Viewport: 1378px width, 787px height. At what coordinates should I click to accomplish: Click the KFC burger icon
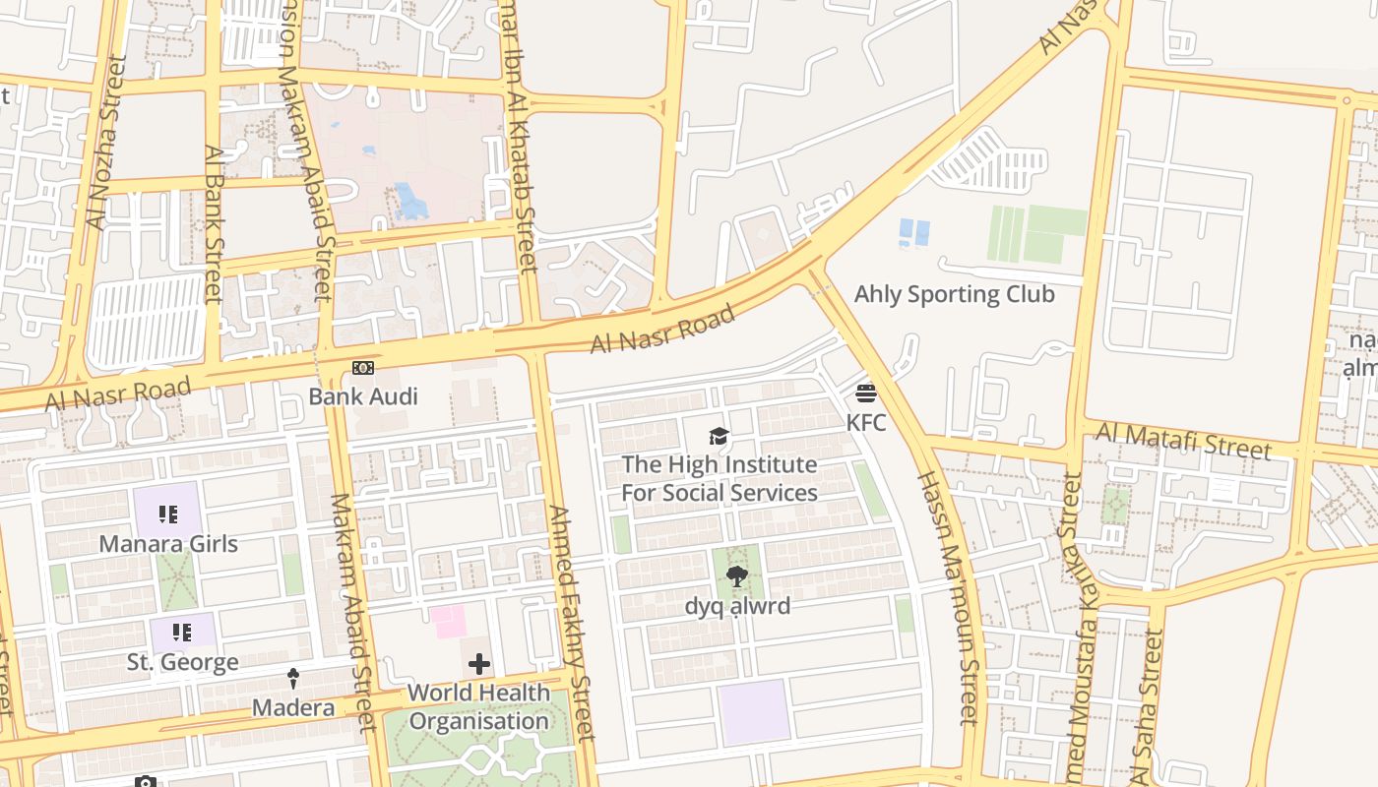[866, 393]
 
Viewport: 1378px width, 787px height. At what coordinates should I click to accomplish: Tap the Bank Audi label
[362, 396]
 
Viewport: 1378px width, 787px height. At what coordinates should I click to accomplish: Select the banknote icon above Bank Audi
[363, 368]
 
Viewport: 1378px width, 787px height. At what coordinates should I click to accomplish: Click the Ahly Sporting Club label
[954, 294]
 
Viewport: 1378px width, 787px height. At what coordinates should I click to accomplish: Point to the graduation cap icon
[720, 436]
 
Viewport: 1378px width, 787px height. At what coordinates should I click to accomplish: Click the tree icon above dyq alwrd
[736, 577]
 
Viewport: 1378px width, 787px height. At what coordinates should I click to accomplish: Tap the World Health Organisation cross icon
[479, 664]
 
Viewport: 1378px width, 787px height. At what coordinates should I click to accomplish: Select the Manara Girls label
[168, 543]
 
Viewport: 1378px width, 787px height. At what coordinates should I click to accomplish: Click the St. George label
[182, 662]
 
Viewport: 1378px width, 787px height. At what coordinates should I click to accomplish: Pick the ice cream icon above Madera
[293, 679]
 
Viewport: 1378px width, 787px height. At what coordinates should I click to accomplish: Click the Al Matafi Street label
[1183, 441]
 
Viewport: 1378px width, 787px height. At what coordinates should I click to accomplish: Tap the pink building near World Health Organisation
[447, 622]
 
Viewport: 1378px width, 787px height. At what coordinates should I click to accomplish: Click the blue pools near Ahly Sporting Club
[914, 233]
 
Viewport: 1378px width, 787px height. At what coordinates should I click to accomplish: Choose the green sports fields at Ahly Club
[1036, 234]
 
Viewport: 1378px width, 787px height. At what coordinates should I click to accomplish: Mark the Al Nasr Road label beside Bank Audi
[118, 393]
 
